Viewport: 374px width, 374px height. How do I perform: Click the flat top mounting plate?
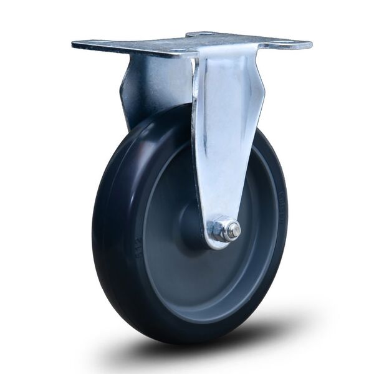[x=187, y=44]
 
